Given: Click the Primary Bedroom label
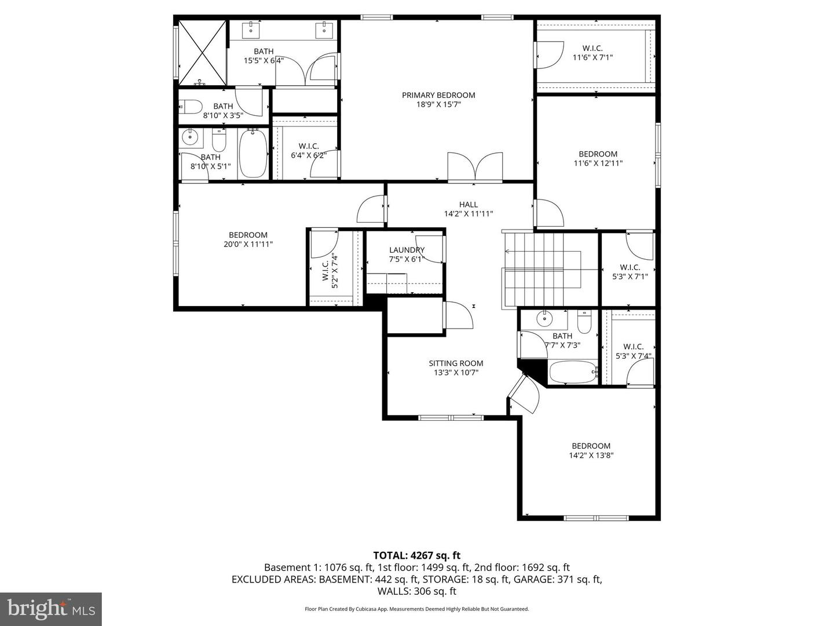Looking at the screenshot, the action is [438, 95].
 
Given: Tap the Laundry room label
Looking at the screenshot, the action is [407, 250].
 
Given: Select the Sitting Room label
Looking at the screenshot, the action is [456, 363].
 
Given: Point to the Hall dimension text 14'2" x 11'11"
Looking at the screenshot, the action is [468, 214].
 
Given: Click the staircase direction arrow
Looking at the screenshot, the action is [507, 252].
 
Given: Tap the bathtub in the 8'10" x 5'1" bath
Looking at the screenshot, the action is [253, 154].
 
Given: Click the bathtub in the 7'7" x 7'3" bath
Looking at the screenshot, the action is [572, 372].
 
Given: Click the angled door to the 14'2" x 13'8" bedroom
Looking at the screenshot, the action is [525, 394].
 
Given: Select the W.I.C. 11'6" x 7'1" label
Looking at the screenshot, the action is [592, 53].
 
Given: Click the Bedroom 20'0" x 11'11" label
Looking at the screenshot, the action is [248, 239].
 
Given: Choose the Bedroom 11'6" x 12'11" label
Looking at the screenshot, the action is [598, 158].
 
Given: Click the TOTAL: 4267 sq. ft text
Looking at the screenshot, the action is [416, 555].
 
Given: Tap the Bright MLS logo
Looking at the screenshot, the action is [51, 609].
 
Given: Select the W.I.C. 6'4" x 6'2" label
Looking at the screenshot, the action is [309, 151].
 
